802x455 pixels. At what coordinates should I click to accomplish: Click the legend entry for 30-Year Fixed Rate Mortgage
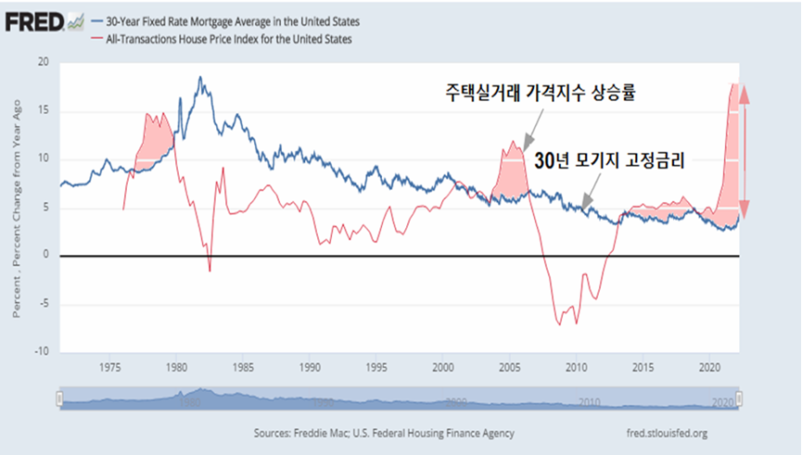coord(226,19)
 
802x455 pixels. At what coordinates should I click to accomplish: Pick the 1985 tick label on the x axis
coord(243,365)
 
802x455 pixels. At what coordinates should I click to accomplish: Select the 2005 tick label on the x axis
coord(510,365)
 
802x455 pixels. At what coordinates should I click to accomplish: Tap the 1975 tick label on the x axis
coord(109,365)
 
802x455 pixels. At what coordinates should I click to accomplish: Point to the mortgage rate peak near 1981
coord(199,78)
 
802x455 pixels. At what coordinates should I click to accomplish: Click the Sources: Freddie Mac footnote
coord(383,433)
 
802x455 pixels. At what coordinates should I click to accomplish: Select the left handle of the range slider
coord(59,399)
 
